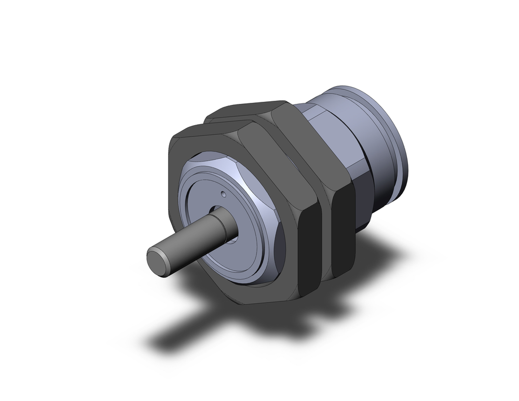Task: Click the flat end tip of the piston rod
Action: [157, 258]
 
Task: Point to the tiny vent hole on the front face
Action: [223, 195]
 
